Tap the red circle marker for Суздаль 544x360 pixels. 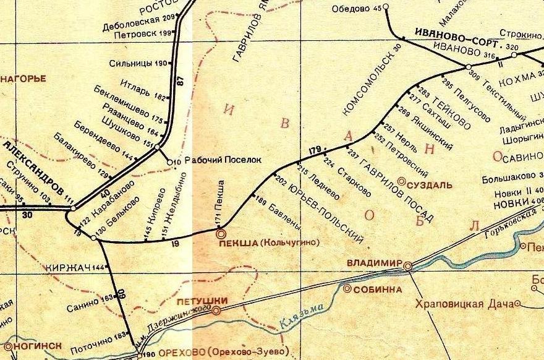coord(402,182)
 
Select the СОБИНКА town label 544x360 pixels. coord(377,289)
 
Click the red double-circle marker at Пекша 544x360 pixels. coord(220,234)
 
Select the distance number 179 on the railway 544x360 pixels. coord(315,150)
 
